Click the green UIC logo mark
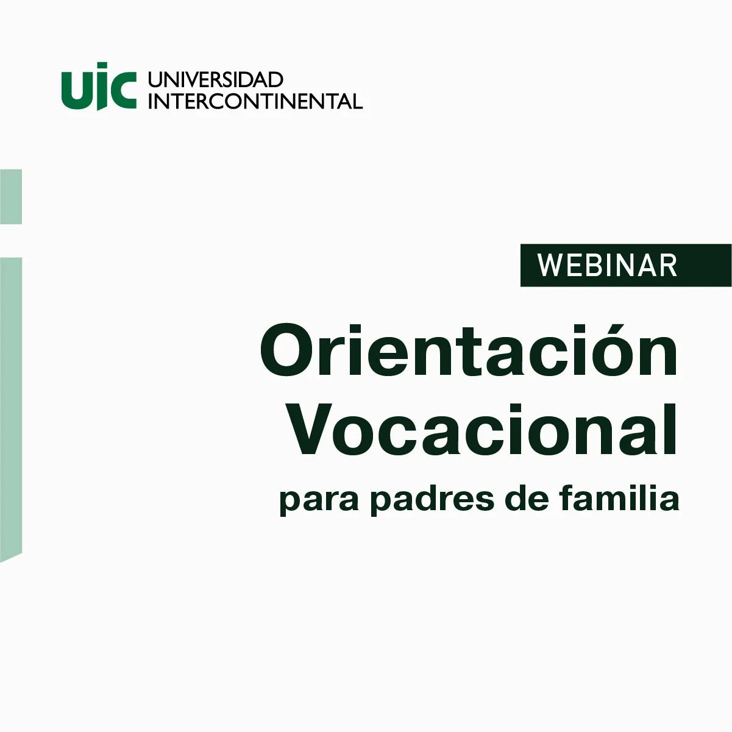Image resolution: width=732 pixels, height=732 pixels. (x=99, y=87)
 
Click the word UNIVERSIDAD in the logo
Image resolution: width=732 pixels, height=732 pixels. (x=215, y=80)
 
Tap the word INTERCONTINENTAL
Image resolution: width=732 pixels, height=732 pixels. (x=255, y=101)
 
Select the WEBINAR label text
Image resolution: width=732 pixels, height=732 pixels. (x=607, y=266)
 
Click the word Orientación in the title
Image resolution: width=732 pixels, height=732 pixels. (x=469, y=350)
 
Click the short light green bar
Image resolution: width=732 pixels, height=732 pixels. (x=11, y=197)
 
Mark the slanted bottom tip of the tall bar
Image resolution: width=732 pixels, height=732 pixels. (x=1, y=562)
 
